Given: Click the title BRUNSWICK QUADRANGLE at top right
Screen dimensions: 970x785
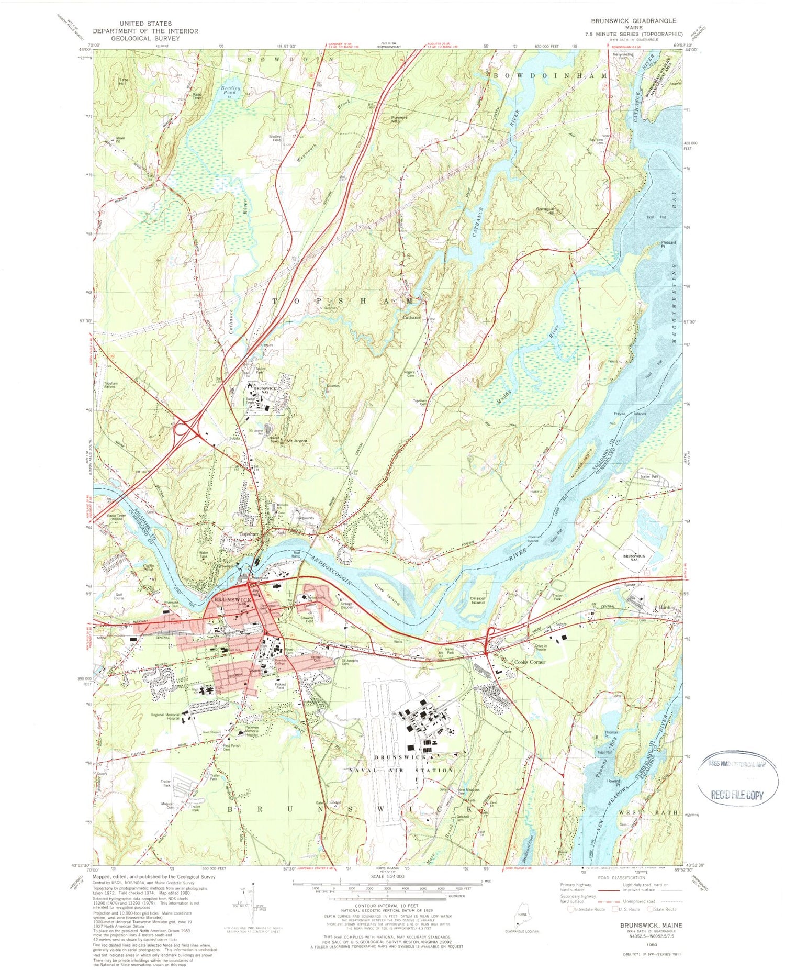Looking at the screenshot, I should point(633,21).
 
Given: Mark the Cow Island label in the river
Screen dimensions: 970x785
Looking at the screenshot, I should point(387,594).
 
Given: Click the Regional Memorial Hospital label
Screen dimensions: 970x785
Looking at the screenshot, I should point(165,717).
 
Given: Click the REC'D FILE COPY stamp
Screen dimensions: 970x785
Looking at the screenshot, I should point(737,795).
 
